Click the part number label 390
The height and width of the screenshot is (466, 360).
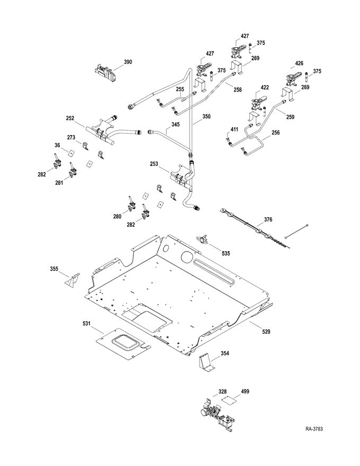coord(128,62)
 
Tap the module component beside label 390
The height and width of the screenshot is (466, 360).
coord(106,72)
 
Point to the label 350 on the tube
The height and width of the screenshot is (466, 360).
coord(205,115)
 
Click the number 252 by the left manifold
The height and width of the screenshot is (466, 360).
coord(70,119)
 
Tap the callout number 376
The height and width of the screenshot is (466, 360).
coord(268,219)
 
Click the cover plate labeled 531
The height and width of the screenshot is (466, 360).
coord(122,341)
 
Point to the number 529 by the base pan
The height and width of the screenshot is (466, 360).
coord(266,331)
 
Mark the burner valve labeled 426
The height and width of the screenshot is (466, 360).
coord(290,80)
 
